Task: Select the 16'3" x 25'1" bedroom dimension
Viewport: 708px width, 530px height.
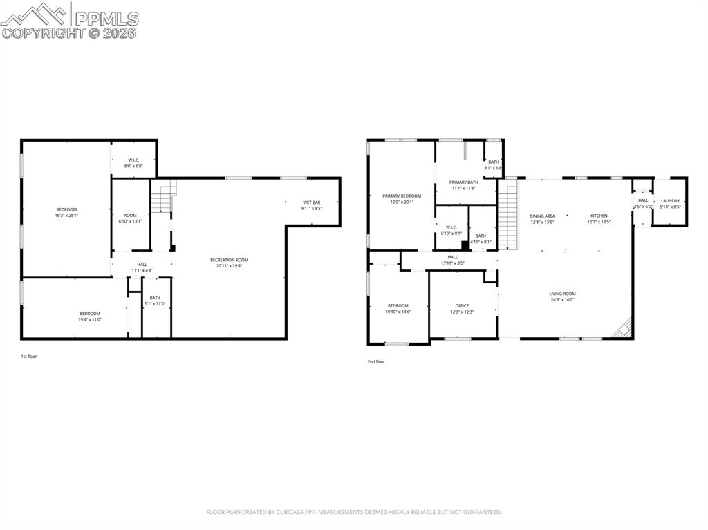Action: (x=66, y=216)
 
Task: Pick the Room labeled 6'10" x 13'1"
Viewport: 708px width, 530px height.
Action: (x=131, y=218)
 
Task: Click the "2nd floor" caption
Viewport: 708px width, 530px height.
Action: (x=376, y=361)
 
